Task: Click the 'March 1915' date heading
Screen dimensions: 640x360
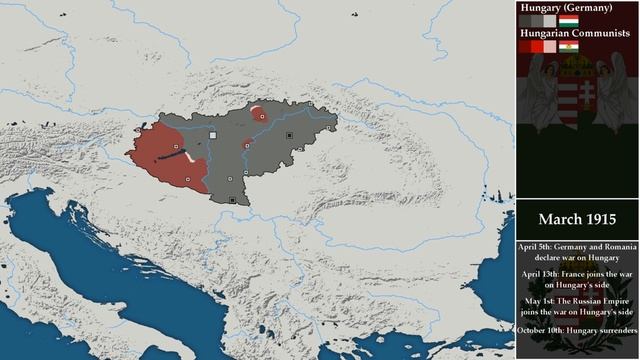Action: tap(576, 219)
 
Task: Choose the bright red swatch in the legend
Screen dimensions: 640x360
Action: tap(537, 46)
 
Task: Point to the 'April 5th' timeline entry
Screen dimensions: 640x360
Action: tap(576, 250)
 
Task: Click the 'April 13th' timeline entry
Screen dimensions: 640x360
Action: tap(576, 278)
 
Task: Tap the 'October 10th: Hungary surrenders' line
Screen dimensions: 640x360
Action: tap(576, 330)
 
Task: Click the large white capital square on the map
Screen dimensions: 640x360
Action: tap(212, 135)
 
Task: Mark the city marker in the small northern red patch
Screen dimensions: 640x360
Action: tap(261, 115)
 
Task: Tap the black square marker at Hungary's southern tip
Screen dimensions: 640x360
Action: tap(233, 200)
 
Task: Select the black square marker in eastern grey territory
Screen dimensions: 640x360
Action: tap(289, 135)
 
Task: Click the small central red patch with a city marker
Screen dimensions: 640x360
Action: tap(247, 145)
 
